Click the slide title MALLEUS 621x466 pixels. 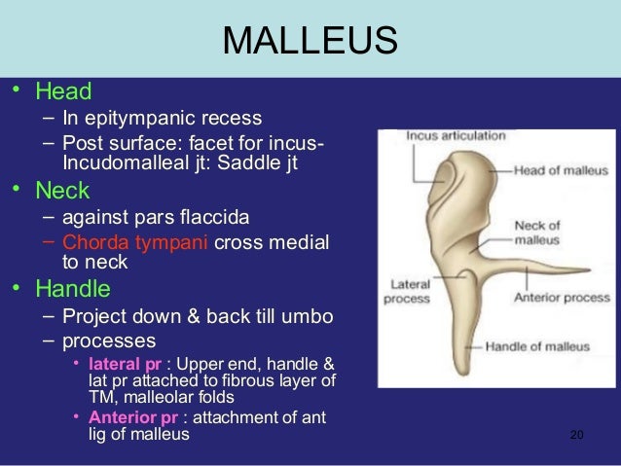[310, 41]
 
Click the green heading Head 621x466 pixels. [63, 93]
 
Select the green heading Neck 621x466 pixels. [62, 191]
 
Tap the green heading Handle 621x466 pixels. [73, 289]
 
